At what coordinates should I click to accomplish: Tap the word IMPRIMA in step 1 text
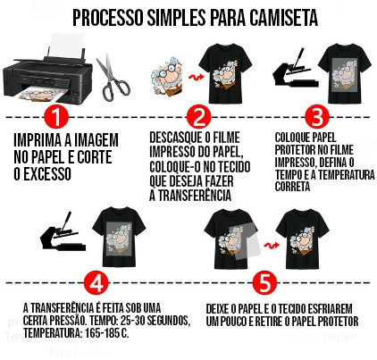click(x=36, y=140)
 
